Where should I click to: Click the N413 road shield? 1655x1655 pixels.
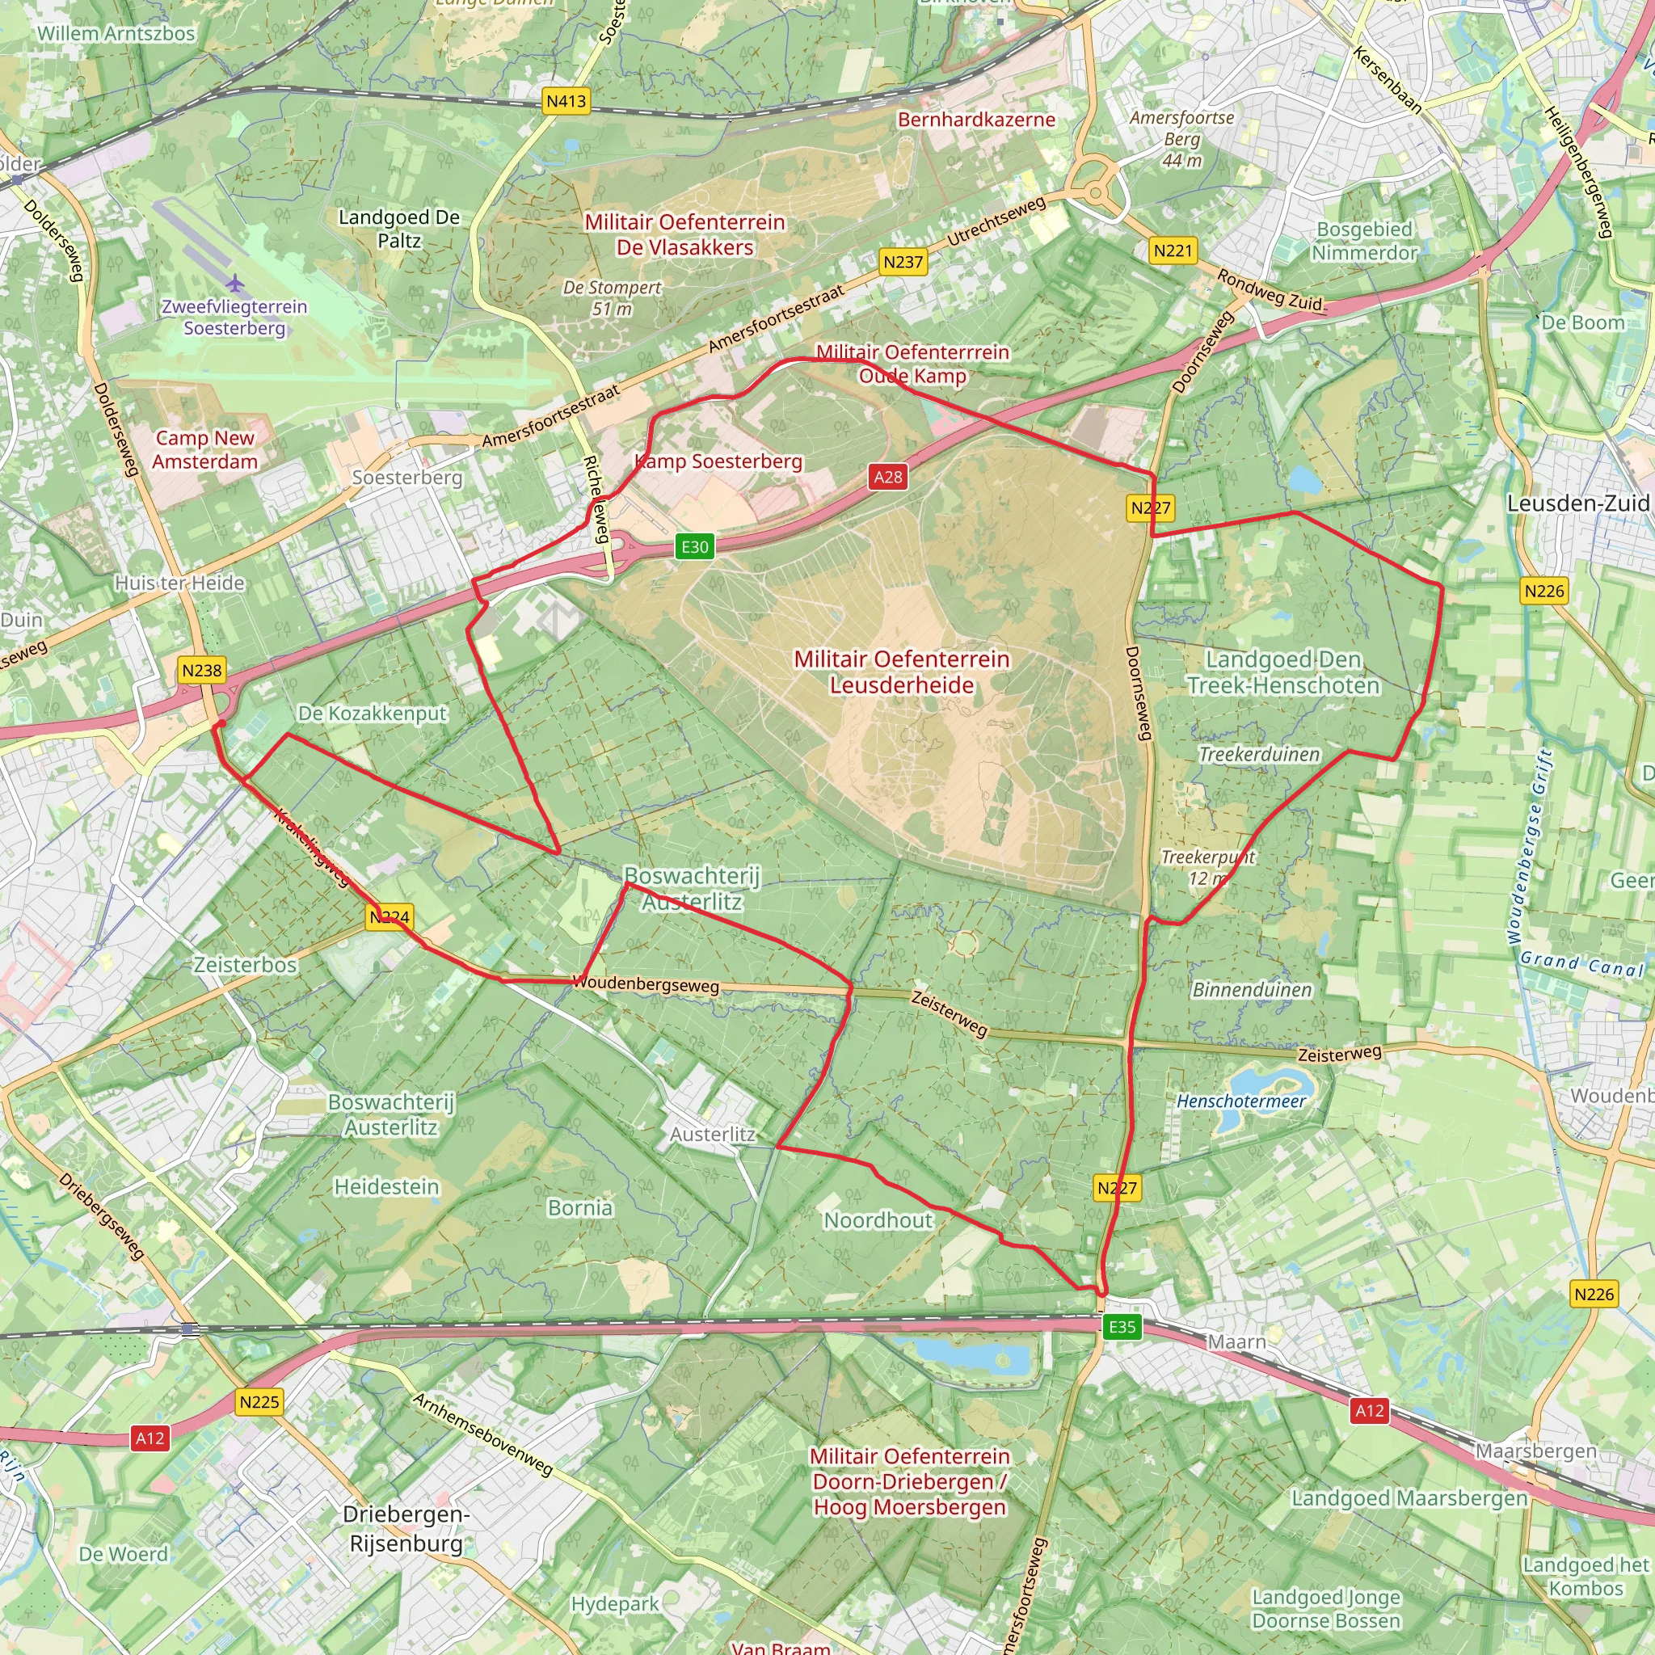[x=566, y=101]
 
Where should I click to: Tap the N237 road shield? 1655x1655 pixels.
[x=903, y=262]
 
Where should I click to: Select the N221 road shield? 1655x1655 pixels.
[x=1173, y=251]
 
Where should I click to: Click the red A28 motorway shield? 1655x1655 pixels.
[x=888, y=477]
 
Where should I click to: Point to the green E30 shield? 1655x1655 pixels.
[x=695, y=546]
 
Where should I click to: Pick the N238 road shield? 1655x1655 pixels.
[x=202, y=670]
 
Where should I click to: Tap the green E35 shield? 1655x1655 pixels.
[x=1122, y=1327]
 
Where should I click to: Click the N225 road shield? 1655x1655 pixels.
[x=259, y=1402]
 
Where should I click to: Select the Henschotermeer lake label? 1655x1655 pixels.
[x=1241, y=1101]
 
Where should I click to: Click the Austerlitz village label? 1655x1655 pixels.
[x=713, y=1134]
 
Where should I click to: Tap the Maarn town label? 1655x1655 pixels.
[x=1236, y=1341]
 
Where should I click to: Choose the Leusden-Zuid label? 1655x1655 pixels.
[x=1578, y=503]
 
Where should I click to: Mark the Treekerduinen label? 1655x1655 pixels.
[x=1259, y=755]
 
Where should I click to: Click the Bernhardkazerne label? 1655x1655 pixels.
[x=976, y=120]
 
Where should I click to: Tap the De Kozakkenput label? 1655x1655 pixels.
[x=373, y=713]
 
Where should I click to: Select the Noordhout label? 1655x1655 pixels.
[x=878, y=1219]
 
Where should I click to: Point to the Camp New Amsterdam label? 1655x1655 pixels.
[x=204, y=450]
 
